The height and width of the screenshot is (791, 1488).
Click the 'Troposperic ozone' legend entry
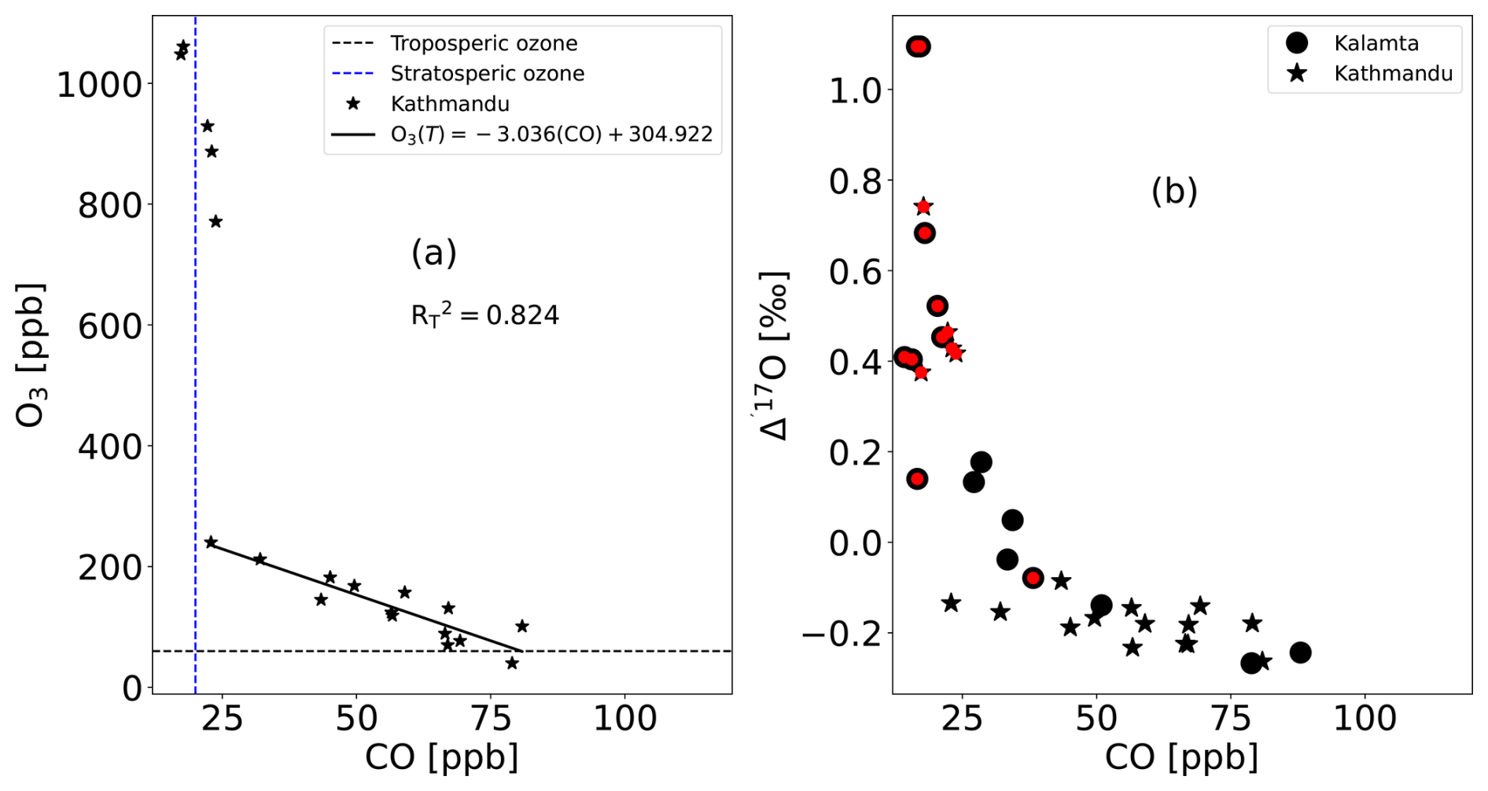click(484, 43)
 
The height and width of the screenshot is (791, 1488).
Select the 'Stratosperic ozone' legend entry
click(487, 73)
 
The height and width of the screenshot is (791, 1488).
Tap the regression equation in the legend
click(551, 134)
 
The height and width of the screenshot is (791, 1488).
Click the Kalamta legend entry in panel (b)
click(1376, 43)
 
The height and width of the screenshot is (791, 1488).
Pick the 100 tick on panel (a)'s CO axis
click(624, 718)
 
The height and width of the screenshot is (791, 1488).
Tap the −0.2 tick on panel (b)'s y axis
click(845, 634)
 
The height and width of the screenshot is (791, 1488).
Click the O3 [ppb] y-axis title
click(31, 355)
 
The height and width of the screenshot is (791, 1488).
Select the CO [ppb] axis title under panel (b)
click(1181, 757)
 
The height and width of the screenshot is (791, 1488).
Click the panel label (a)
click(433, 253)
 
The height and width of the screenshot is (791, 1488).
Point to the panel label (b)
click(1173, 191)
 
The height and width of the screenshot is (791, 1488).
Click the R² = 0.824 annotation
click(484, 315)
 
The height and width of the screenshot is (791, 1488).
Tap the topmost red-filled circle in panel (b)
click(918, 47)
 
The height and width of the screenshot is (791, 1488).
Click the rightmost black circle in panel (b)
click(1300, 653)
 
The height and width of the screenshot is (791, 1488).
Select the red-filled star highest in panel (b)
click(923, 207)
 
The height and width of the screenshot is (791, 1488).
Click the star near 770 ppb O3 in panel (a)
click(215, 222)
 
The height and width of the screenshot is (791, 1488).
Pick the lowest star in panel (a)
click(512, 663)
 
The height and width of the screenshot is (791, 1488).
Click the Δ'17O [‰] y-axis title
click(775, 355)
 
